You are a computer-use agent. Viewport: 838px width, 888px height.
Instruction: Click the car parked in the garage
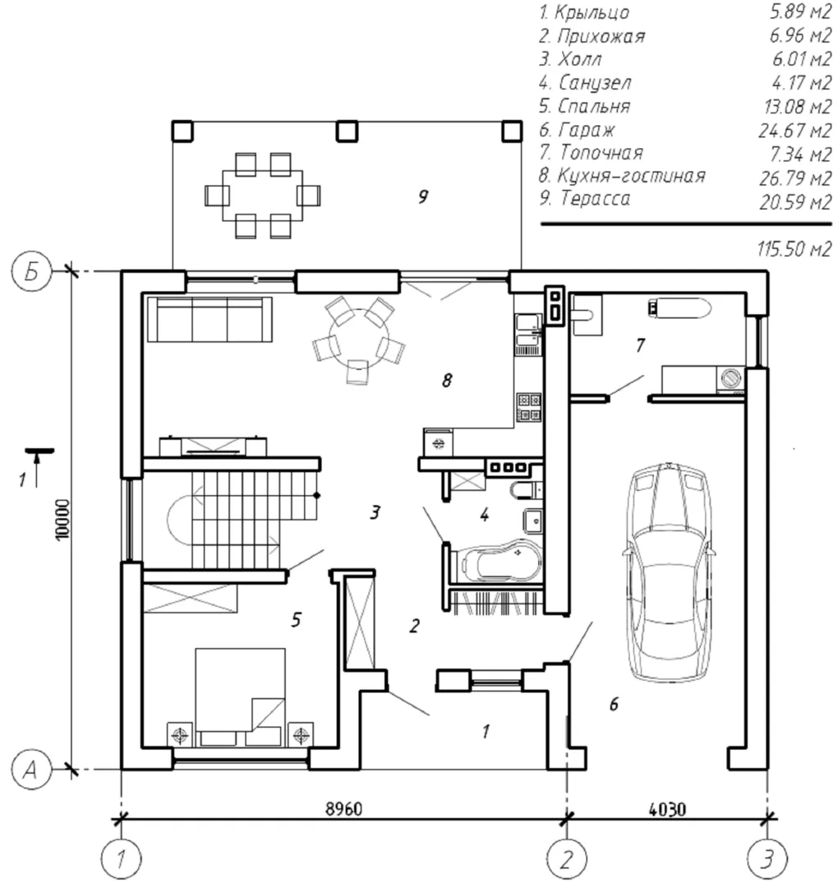pos(668,572)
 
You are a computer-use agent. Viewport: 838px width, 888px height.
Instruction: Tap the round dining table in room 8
pos(360,338)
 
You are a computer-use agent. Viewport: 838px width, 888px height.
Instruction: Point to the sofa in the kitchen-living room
pos(210,319)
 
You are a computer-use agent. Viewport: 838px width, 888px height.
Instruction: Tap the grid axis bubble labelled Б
pos(31,271)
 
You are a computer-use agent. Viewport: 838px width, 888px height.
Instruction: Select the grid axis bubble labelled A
pos(31,769)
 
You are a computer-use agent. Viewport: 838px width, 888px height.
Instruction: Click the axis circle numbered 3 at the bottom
pos(767,859)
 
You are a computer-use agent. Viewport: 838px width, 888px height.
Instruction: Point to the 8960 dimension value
pos(344,808)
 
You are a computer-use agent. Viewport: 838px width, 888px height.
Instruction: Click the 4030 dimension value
pos(668,809)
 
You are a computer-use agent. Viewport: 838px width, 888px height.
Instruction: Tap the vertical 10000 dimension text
pos(62,520)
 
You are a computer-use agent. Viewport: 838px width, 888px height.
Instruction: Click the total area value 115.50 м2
pos(795,248)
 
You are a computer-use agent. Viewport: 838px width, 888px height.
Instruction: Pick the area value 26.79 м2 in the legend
pos(795,178)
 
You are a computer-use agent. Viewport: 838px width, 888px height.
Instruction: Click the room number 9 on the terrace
pos(423,197)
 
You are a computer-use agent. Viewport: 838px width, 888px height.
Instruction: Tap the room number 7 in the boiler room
pos(640,345)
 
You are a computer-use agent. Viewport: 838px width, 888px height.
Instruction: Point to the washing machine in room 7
pos(731,378)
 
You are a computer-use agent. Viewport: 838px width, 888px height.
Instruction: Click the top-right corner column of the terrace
pos(512,131)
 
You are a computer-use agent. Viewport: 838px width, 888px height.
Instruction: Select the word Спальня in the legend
pos(593,106)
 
